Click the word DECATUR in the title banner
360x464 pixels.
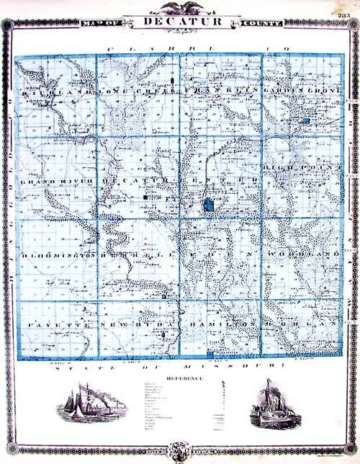click(181, 22)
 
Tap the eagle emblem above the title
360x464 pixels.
click(180, 8)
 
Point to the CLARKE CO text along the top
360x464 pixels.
click(194, 49)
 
